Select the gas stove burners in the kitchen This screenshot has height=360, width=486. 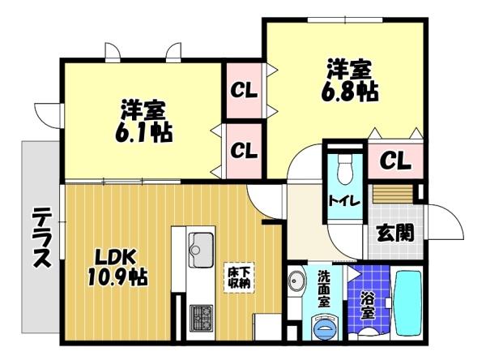pos(201,318)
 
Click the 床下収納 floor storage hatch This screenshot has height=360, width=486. pos(239,277)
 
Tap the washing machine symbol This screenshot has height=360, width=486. pos(324,327)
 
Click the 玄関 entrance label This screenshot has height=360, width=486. pos(395,233)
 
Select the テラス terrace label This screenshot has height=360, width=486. pos(42,238)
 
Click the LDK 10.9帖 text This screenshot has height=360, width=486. pos(117,268)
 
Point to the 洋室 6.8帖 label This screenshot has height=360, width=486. pos(349,81)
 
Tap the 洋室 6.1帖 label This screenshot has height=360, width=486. pos(143,122)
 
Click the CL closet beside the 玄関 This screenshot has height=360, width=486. pos(395,161)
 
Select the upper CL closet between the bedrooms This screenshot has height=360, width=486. pos(245,91)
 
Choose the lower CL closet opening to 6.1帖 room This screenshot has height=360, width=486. pos(245,151)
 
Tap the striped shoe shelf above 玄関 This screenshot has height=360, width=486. pos(393,194)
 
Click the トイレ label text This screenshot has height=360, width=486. pos(345,201)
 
